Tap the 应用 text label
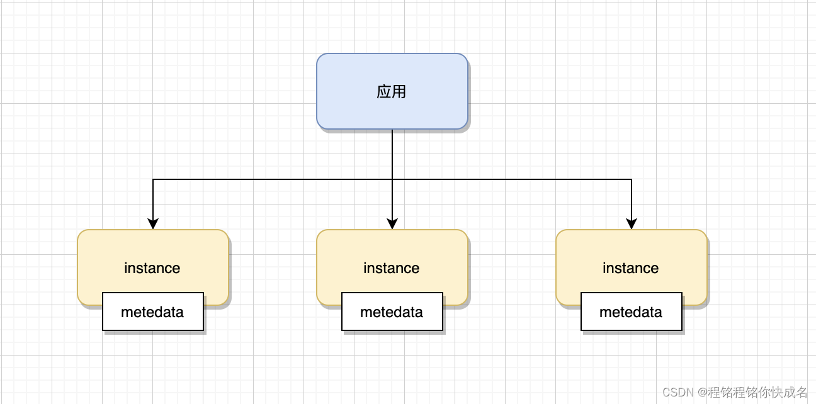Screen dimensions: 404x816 392,92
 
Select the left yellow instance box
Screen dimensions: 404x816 152,252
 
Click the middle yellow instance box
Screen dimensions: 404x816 392,252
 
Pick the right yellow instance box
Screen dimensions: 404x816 631,252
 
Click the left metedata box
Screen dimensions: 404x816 153,311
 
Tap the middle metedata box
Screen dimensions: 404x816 392,311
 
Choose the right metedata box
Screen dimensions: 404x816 632,311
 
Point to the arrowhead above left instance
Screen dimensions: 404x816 153,224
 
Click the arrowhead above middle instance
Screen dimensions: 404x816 392,224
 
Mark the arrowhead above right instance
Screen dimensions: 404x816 632,224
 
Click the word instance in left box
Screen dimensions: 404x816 152,268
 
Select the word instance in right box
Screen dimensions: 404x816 631,268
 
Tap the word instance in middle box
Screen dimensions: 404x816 392,268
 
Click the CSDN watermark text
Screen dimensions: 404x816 677,392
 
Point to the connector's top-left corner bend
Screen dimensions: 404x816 153,179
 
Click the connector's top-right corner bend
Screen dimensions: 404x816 632,179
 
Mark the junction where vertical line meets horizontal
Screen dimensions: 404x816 392,179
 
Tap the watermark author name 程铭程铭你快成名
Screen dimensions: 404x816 757,392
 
